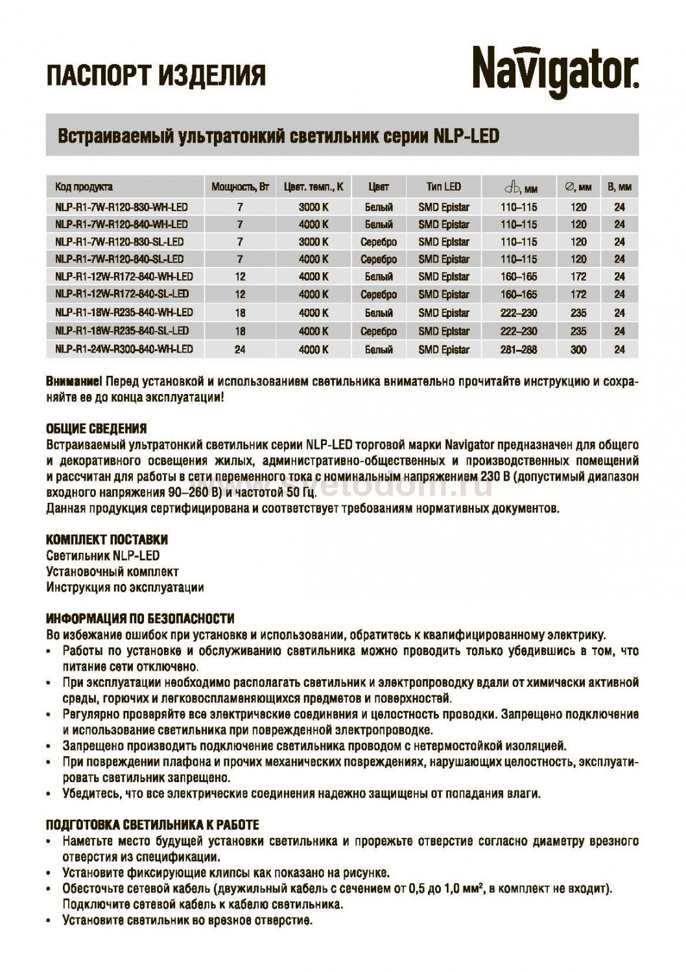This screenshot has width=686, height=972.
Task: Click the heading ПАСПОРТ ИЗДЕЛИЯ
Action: point(156,76)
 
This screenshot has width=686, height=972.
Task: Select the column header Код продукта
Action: point(84,187)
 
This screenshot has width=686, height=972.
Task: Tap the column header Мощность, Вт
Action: point(240,187)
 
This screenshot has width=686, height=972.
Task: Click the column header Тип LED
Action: point(444,187)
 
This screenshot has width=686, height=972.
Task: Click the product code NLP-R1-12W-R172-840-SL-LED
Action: point(123,294)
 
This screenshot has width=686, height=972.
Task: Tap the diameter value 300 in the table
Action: point(578,350)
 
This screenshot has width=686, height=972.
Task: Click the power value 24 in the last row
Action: point(240,350)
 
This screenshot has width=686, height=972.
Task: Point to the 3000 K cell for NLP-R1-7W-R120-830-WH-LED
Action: point(313,207)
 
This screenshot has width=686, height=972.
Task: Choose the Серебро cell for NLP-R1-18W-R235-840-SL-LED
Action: point(379,331)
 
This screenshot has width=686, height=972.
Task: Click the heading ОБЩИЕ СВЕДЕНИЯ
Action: point(97,429)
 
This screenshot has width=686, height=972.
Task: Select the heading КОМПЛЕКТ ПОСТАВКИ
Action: point(107,540)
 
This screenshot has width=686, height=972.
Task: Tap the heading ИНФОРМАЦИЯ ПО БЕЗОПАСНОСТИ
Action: point(140,619)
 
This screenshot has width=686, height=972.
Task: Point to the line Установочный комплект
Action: point(112,572)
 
